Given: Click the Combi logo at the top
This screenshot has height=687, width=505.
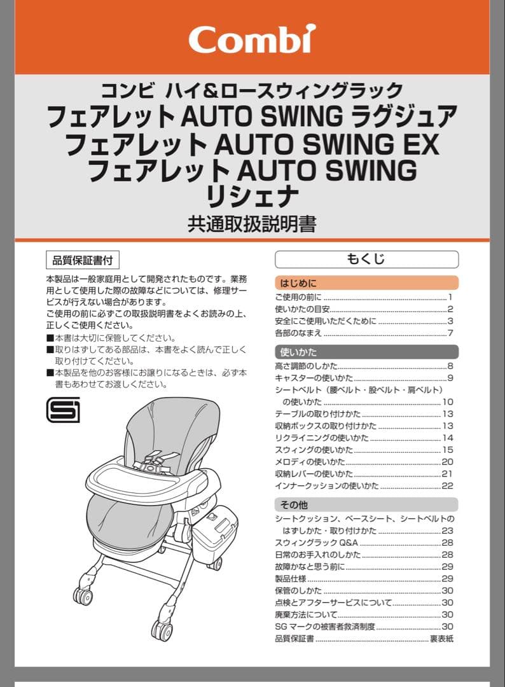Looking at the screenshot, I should click(253, 39).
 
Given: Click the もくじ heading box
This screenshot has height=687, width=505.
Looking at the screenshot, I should click(366, 259).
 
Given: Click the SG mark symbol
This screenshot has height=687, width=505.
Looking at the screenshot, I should click(63, 410).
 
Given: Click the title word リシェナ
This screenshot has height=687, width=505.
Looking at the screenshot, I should click(253, 196).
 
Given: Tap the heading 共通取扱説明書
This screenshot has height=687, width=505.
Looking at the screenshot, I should click(253, 224).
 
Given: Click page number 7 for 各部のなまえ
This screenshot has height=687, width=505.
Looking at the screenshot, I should click(450, 333).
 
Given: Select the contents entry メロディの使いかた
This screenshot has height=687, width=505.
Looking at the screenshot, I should click(310, 462).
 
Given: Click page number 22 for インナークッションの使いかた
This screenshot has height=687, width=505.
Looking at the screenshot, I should click(447, 486).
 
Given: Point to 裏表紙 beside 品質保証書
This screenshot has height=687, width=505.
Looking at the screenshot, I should click(441, 639).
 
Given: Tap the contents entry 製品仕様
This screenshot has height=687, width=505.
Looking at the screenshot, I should click(291, 578).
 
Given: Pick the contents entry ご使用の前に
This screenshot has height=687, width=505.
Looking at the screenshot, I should click(298, 297).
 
